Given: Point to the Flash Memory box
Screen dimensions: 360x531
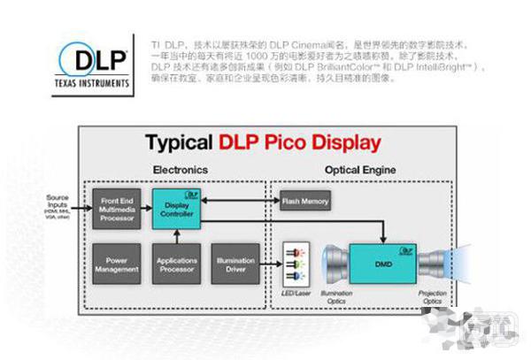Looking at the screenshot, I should (304, 201).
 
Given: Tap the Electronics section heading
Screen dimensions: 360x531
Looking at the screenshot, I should (180, 168).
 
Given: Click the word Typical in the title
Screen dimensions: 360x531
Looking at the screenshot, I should (179, 142).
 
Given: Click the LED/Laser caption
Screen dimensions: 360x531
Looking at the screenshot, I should (296, 293).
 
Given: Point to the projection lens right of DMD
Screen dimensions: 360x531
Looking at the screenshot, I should (437, 263).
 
